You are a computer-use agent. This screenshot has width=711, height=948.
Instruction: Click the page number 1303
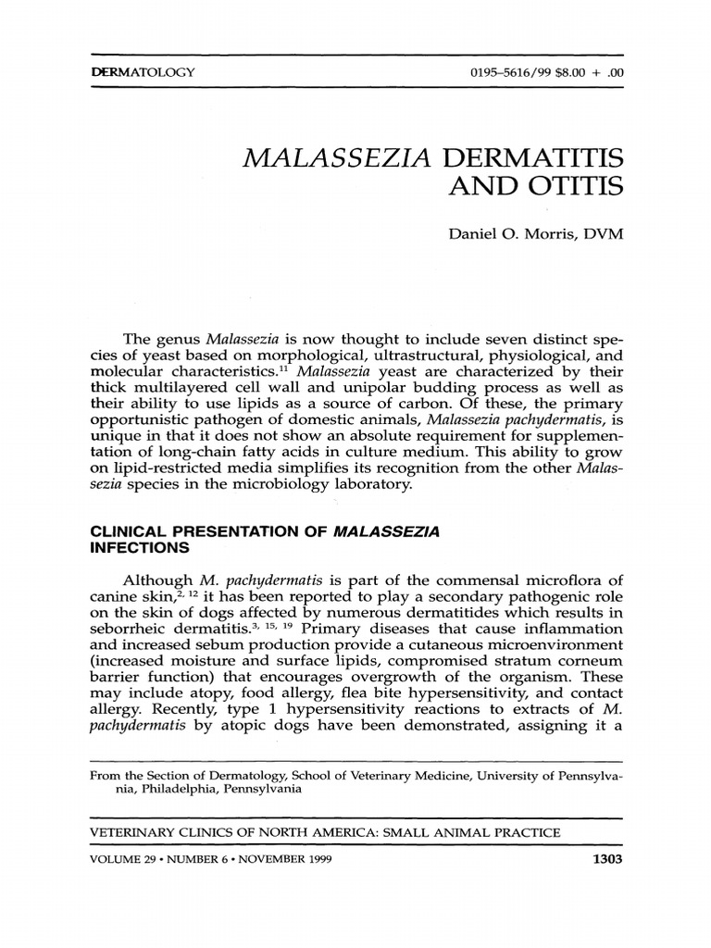(606, 858)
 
